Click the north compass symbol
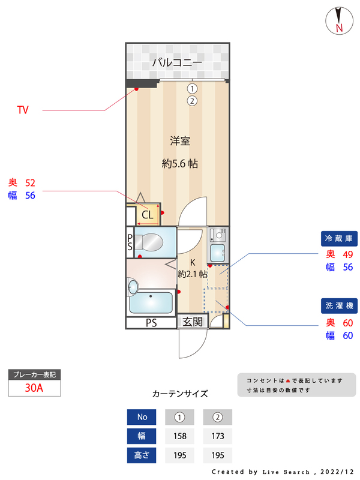tap(339, 21)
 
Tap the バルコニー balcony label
tap(177, 62)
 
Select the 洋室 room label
tap(179, 142)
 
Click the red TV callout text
tap(23, 110)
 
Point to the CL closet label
tap(148, 214)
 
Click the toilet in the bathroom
tap(148, 242)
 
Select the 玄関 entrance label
tap(193, 322)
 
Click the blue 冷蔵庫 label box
tap(339, 239)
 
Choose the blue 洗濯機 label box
tap(339, 306)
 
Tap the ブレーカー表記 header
tap(34, 375)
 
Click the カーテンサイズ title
tap(180, 394)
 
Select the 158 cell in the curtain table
tap(179, 436)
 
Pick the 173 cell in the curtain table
tap(217, 436)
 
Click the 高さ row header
tap(142, 455)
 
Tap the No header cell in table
tap(142, 417)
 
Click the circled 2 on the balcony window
tap(192, 101)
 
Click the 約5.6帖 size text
tap(180, 163)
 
